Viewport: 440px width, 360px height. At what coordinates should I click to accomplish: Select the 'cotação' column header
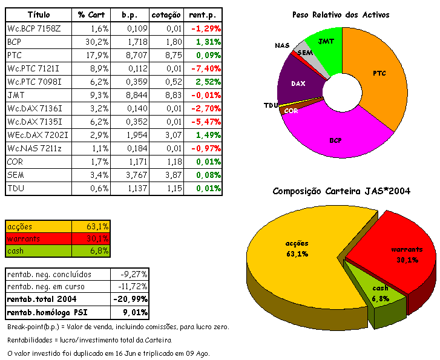[166, 14]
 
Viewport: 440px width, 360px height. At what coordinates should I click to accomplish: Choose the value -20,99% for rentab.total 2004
[131, 299]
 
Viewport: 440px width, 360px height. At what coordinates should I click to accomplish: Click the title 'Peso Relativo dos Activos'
[341, 15]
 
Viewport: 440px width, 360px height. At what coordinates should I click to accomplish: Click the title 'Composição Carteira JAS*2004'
[341, 191]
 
